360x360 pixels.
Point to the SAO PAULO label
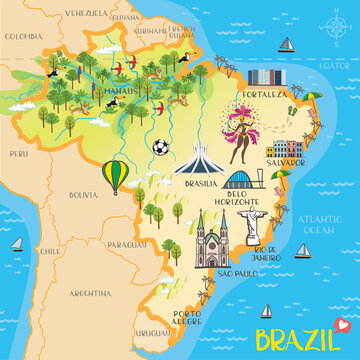pyautogui.click(x=238, y=272)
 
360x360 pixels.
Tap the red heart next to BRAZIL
pyautogui.click(x=339, y=323)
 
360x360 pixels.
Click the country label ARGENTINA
pyautogui.click(x=90, y=293)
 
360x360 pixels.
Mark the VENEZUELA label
pyautogui.click(x=57, y=14)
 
